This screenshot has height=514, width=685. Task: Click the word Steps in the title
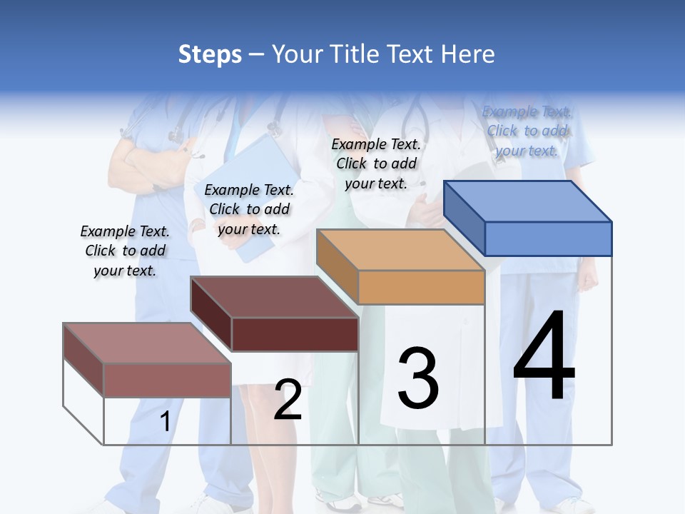[x=210, y=54]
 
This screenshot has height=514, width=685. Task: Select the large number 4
[x=544, y=357]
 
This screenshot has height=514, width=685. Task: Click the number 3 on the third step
[x=418, y=378]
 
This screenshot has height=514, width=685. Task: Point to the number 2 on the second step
[x=288, y=400]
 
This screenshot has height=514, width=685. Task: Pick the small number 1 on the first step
[x=165, y=422]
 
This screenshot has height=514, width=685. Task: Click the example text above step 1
[x=125, y=251]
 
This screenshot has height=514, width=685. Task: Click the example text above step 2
[x=249, y=209]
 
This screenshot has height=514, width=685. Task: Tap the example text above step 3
[x=376, y=163]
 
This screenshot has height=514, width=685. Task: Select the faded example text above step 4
[x=527, y=131]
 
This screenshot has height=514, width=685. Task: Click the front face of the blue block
[x=548, y=238]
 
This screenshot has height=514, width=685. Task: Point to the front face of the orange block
[x=421, y=287]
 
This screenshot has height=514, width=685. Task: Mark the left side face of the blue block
[x=464, y=218]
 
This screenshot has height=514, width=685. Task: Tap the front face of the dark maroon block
[x=295, y=334]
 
